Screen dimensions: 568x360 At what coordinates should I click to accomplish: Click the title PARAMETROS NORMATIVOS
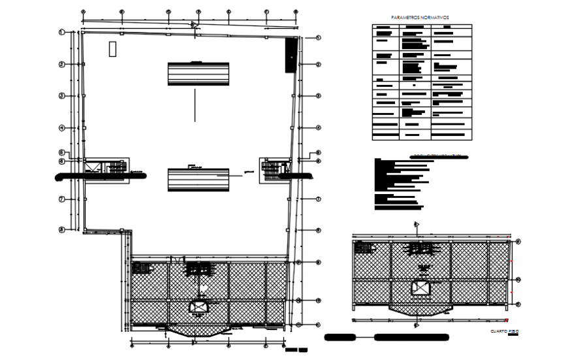point(420,18)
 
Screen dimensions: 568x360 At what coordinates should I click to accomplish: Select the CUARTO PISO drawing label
point(505,332)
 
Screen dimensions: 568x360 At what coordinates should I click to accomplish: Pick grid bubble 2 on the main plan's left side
point(61,64)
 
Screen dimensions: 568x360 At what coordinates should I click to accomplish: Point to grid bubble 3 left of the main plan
point(61,96)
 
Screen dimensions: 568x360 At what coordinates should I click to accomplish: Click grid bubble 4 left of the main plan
point(61,128)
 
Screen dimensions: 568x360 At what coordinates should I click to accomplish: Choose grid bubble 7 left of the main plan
point(61,199)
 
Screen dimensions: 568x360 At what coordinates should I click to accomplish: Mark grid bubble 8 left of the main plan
point(61,230)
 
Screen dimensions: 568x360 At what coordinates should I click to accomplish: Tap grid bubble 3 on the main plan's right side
point(319,95)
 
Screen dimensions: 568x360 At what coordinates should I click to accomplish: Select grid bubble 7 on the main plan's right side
point(319,199)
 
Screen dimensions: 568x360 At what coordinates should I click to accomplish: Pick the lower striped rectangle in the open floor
point(198,180)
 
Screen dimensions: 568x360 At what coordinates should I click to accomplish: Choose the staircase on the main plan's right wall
point(270,169)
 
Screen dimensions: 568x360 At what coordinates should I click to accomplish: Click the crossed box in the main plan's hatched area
point(198,306)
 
